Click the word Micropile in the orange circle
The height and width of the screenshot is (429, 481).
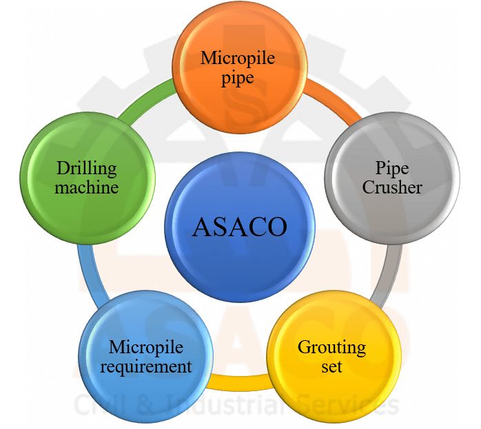[238, 58]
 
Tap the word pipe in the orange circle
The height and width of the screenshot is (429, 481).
[238, 78]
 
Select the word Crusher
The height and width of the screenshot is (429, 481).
[392, 187]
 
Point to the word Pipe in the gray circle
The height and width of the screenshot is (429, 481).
[392, 168]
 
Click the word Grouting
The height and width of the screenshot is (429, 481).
[331, 348]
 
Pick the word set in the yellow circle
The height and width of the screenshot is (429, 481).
[331, 366]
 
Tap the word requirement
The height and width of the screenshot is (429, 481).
[146, 367]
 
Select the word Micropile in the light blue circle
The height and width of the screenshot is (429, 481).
[146, 348]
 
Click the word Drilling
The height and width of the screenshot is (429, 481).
[87, 169]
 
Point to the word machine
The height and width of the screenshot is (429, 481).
[87, 187]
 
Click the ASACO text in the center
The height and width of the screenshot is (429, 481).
[240, 227]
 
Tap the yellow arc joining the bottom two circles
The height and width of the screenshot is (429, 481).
[240, 382]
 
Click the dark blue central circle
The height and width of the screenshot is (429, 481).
[240, 227]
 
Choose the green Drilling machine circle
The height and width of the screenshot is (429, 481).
[88, 178]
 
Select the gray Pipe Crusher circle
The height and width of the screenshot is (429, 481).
[392, 178]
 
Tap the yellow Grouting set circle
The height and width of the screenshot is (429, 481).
[334, 357]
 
